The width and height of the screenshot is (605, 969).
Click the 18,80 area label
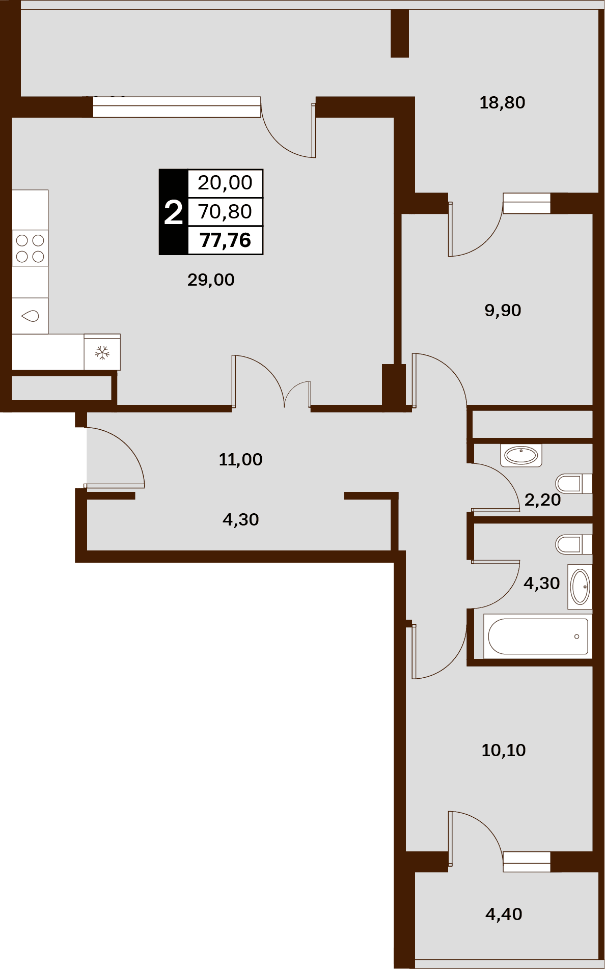502,103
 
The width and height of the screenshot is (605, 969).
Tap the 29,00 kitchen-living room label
211,280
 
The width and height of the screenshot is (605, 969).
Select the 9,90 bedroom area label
503,310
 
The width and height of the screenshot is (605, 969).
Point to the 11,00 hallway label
240,459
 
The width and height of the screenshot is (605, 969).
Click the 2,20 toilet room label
542,500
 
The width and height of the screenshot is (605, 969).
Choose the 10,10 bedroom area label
504,750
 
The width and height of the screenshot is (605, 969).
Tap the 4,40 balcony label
504,914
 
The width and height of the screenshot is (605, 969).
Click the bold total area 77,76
226,240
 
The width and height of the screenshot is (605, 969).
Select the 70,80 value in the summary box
225,211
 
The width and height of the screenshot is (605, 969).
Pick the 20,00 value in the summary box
225,182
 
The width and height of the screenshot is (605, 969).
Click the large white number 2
173,212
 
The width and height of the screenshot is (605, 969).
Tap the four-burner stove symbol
30,248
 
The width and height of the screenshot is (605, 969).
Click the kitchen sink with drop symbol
30,316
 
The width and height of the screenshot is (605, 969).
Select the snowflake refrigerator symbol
102,352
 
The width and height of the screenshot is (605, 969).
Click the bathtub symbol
538,636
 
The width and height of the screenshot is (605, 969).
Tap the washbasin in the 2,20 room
521,455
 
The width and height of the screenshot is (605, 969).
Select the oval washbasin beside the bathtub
580,587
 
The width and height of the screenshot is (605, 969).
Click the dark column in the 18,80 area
400,33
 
